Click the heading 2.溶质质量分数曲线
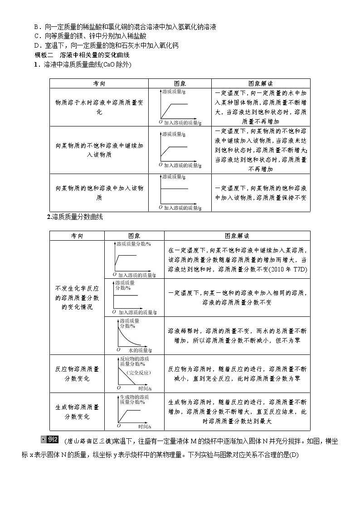tap(75, 217)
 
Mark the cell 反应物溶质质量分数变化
tap(77, 373)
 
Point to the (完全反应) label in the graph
tap(139, 373)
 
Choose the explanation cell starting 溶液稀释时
tap(237, 335)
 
